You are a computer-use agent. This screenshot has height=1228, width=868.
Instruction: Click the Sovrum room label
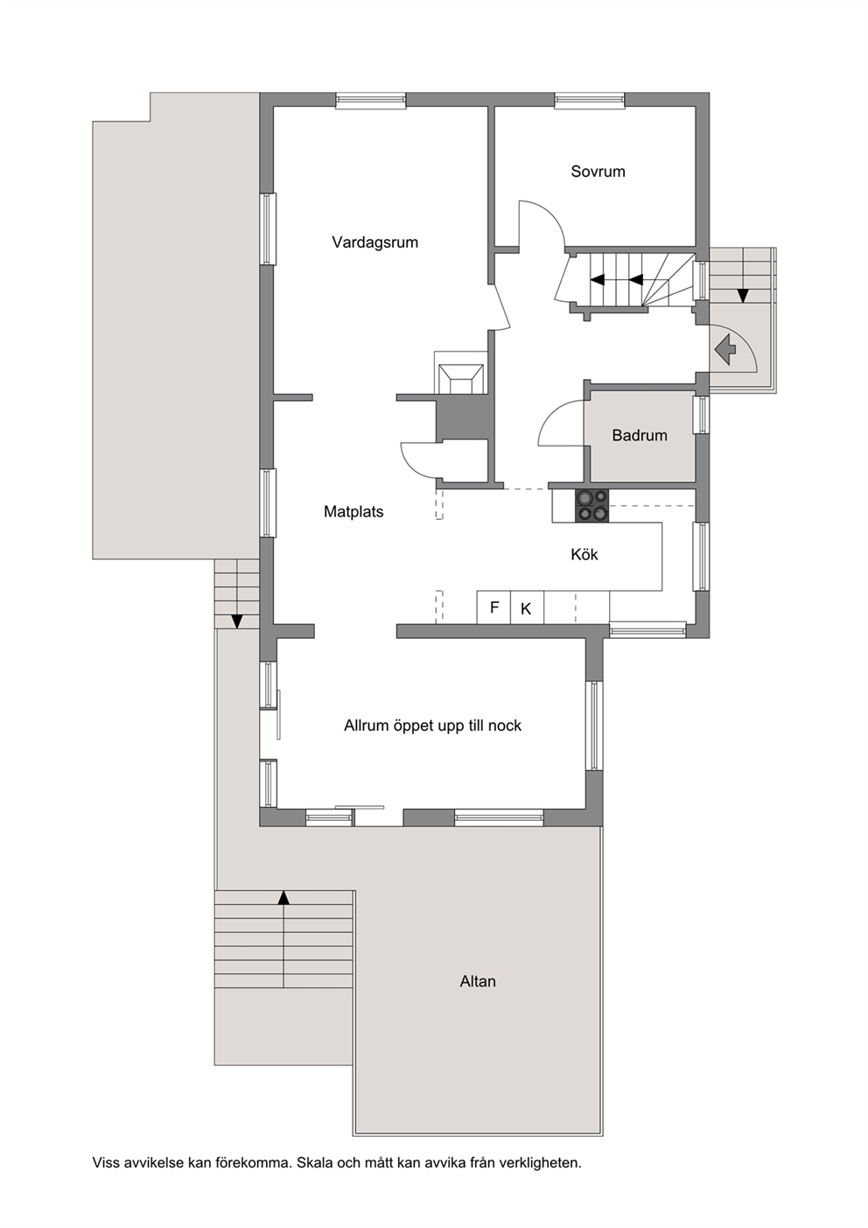[x=598, y=172]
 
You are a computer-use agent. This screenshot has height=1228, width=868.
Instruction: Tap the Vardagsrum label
[x=374, y=242]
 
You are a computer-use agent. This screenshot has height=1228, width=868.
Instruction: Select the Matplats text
[x=353, y=512]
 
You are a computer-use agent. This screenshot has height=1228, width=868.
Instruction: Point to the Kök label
[x=584, y=554]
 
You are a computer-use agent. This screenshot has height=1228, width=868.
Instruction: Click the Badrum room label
[x=640, y=435]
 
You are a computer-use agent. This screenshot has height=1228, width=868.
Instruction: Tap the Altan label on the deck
[x=478, y=981]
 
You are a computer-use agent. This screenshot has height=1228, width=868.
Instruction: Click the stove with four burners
[x=591, y=505]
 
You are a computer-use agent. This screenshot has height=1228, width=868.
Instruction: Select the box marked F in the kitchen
[x=493, y=607]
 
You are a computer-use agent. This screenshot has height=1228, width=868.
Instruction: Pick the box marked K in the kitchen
[x=527, y=607]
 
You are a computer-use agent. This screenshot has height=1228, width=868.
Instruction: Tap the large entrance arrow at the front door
[x=727, y=348]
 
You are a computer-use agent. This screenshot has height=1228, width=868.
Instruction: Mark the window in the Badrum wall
[x=702, y=415]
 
